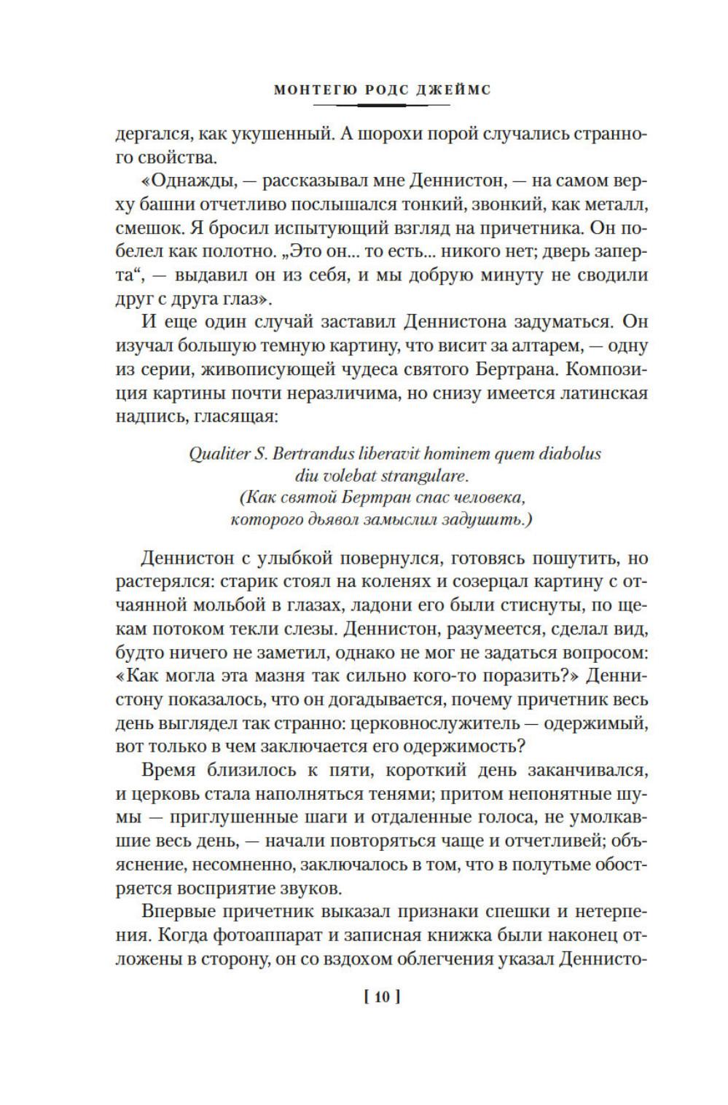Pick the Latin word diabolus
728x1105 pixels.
(571, 454)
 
